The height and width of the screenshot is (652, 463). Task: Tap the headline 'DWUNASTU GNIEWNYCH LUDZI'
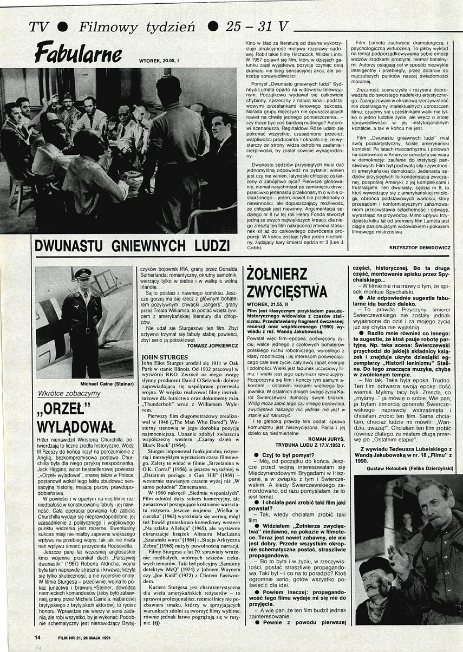click(x=132, y=245)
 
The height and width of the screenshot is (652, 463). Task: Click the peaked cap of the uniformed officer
click(x=83, y=273)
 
